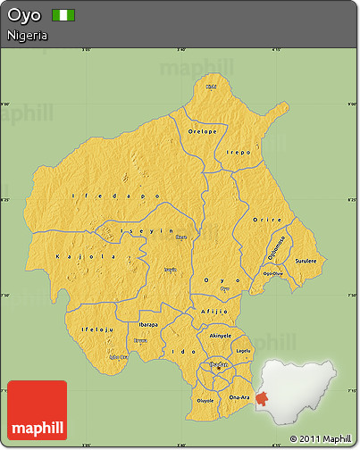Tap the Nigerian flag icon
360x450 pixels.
[63, 16]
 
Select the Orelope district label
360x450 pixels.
[203, 131]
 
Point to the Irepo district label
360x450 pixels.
[239, 153]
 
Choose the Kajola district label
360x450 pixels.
[73, 256]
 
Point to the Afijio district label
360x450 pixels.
[215, 311]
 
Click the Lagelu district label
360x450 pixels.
[244, 351]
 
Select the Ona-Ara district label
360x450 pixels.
[239, 396]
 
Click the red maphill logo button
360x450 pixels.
[37, 410]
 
